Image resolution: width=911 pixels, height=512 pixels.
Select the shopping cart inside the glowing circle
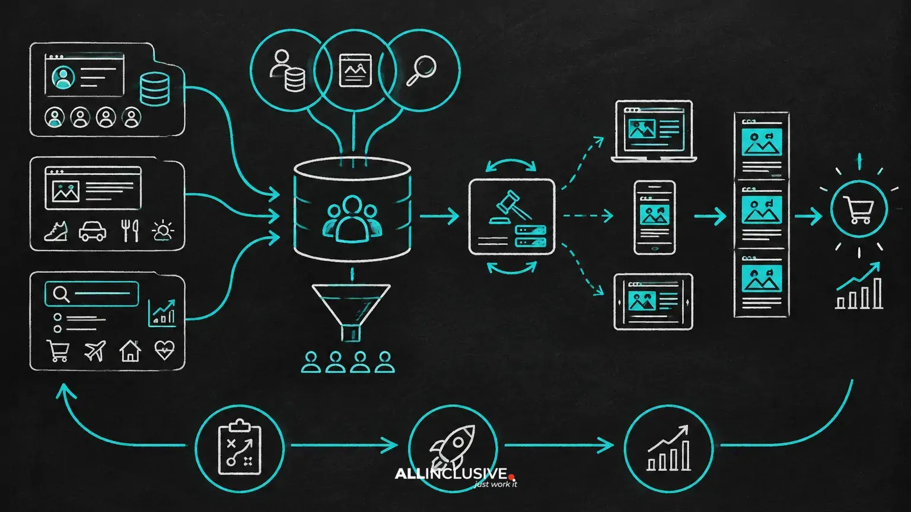(x=859, y=210)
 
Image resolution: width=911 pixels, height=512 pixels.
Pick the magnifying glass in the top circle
(x=421, y=71)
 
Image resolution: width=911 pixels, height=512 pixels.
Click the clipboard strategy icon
(x=240, y=447)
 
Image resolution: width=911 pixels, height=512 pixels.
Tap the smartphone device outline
(x=654, y=217)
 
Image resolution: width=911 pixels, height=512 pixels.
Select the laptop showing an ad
(x=654, y=131)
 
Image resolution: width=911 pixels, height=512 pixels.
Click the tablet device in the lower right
(x=653, y=301)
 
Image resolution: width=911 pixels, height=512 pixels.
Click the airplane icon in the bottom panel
(x=95, y=350)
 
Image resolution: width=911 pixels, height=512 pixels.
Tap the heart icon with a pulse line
(x=165, y=350)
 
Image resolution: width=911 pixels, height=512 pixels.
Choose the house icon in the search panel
(x=130, y=351)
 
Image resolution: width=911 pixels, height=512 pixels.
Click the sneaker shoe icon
(x=56, y=231)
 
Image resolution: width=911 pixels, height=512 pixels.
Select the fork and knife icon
(x=130, y=231)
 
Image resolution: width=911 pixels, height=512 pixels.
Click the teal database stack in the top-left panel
(x=155, y=89)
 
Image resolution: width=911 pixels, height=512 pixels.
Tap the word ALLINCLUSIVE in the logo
(x=451, y=474)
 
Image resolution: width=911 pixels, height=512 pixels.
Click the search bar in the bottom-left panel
(x=91, y=293)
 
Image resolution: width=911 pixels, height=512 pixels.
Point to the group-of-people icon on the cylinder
(x=352, y=219)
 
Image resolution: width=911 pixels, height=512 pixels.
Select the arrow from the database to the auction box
(x=439, y=216)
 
